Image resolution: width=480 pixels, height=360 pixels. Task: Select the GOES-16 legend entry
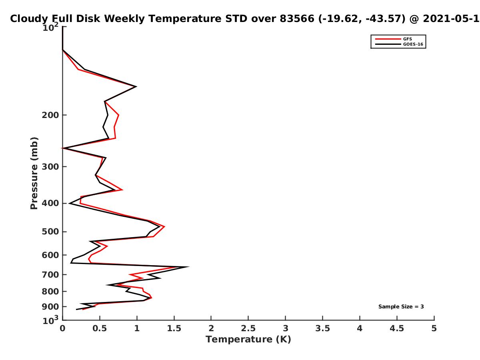[399, 44]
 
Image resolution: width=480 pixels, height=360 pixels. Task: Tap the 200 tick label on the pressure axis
[50, 115]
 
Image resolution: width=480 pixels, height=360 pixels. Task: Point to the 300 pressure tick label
[50, 167]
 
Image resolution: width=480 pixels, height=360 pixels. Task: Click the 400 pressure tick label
[50, 203]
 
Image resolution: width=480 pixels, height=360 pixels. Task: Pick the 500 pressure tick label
[50, 232]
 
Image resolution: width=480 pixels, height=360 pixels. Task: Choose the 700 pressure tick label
[50, 274]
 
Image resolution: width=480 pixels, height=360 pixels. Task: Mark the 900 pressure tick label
[50, 307]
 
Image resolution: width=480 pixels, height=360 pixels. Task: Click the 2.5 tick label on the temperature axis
[248, 328]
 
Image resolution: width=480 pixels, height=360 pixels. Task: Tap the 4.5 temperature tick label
[397, 328]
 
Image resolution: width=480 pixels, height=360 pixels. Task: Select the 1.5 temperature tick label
[174, 328]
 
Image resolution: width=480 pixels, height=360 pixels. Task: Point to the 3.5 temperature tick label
[322, 328]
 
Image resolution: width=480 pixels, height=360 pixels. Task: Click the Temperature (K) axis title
[248, 340]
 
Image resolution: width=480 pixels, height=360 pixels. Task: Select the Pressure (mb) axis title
[34, 173]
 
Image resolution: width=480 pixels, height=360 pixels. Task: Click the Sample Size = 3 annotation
[401, 307]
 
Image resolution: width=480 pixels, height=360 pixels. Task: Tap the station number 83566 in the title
[297, 19]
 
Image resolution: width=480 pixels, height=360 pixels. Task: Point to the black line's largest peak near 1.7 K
[188, 267]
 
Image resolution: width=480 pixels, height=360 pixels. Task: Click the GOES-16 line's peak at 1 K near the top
[137, 86]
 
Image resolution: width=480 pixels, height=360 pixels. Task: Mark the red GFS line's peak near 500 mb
[164, 227]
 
